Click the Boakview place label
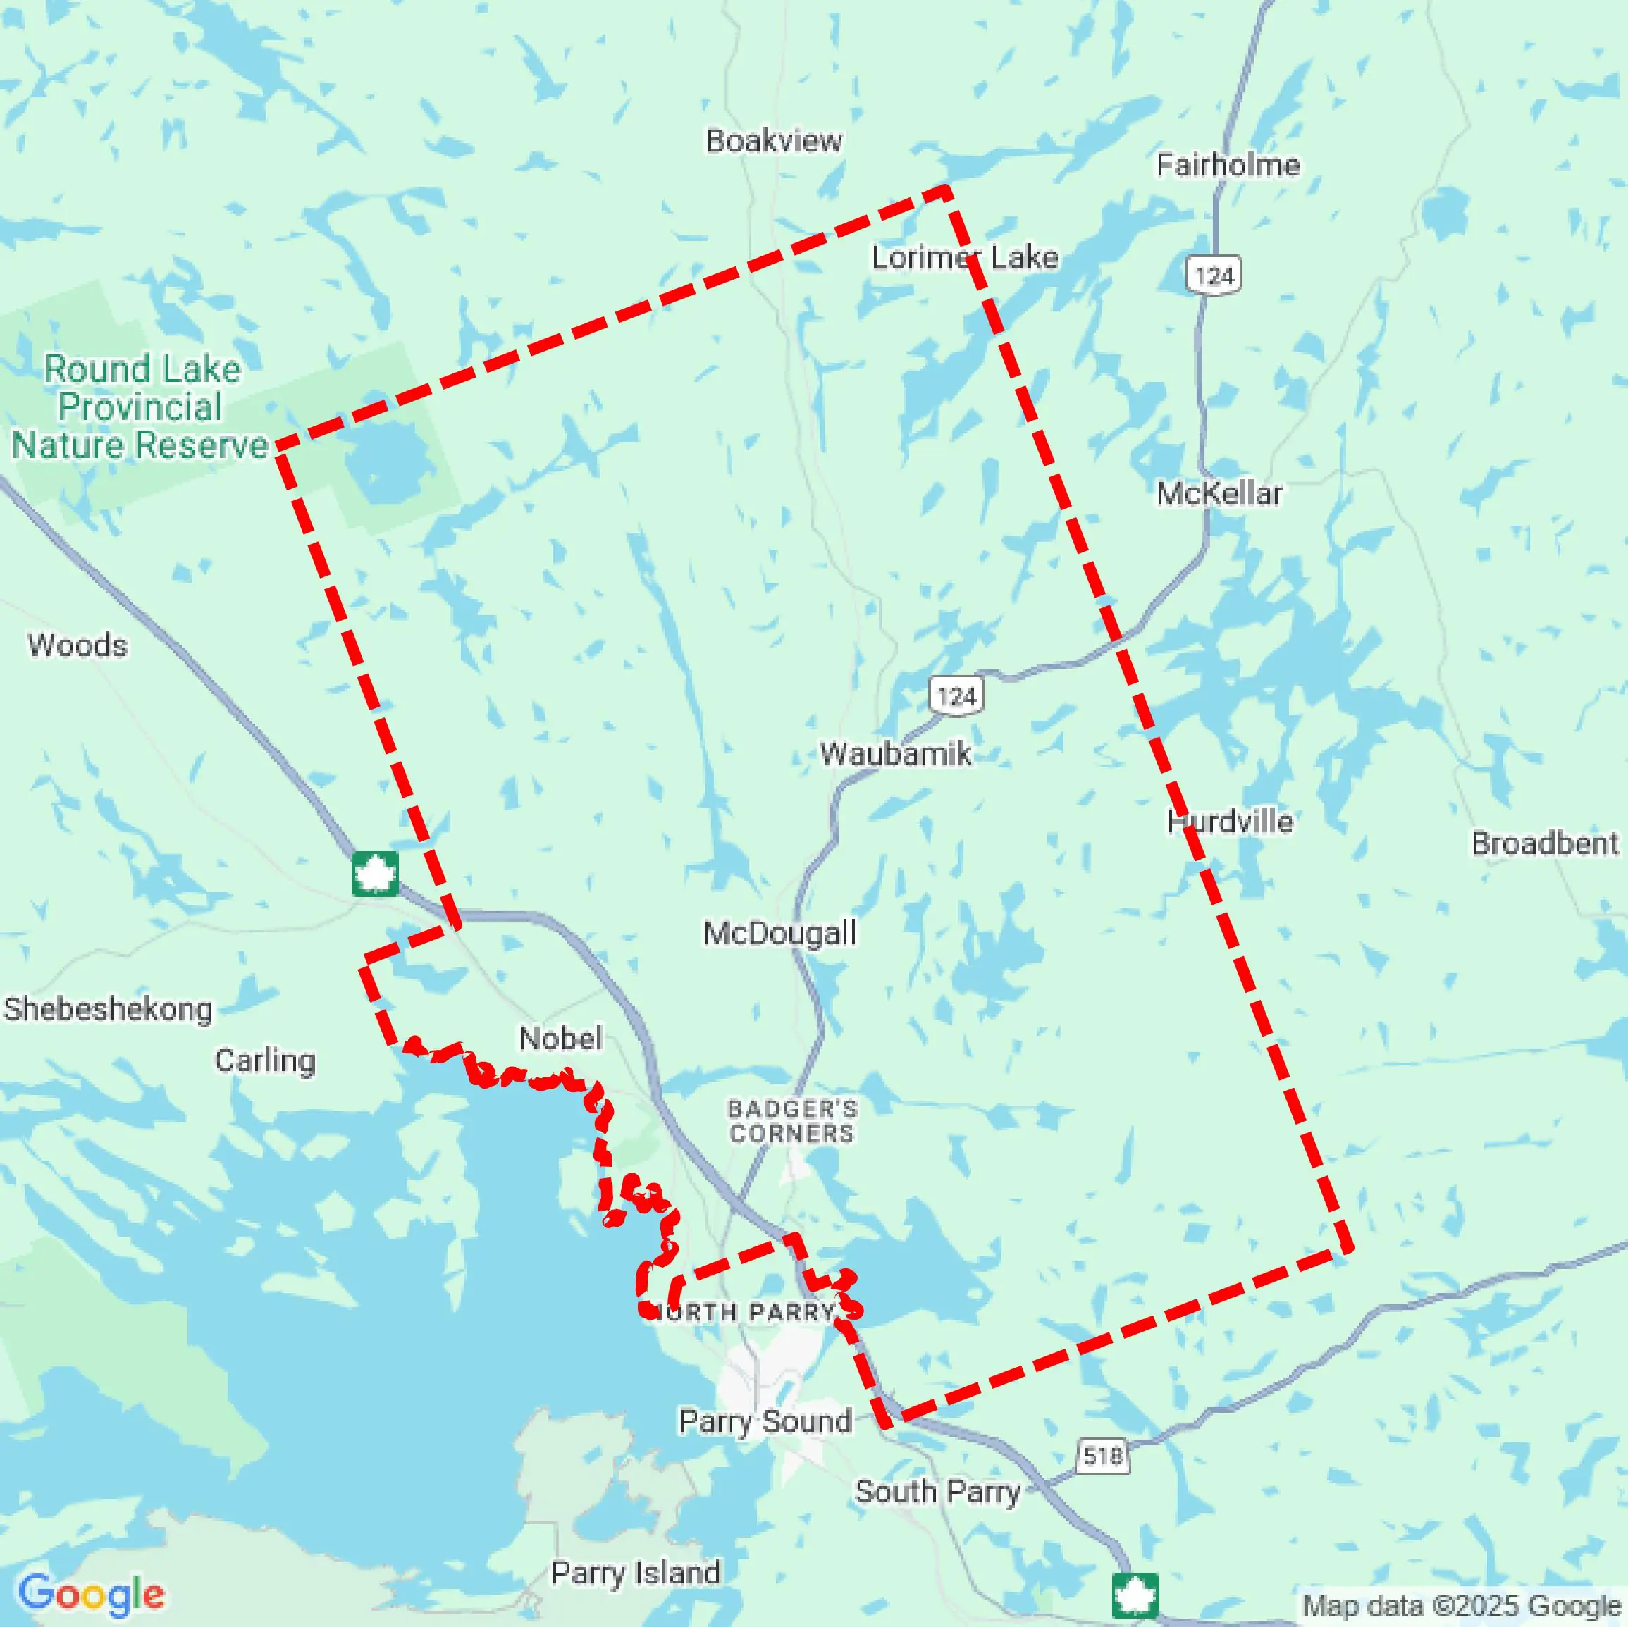point(774,141)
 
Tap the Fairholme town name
point(1227,165)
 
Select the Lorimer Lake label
point(964,257)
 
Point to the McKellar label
point(1219,493)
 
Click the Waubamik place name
point(895,753)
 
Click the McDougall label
point(779,933)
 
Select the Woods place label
point(77,645)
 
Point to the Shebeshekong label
point(108,1008)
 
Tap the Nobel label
point(560,1038)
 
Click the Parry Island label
point(636,1572)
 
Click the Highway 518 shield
point(1102,1455)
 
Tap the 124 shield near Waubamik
point(956,696)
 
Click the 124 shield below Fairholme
point(1214,275)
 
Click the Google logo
point(91,1593)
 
